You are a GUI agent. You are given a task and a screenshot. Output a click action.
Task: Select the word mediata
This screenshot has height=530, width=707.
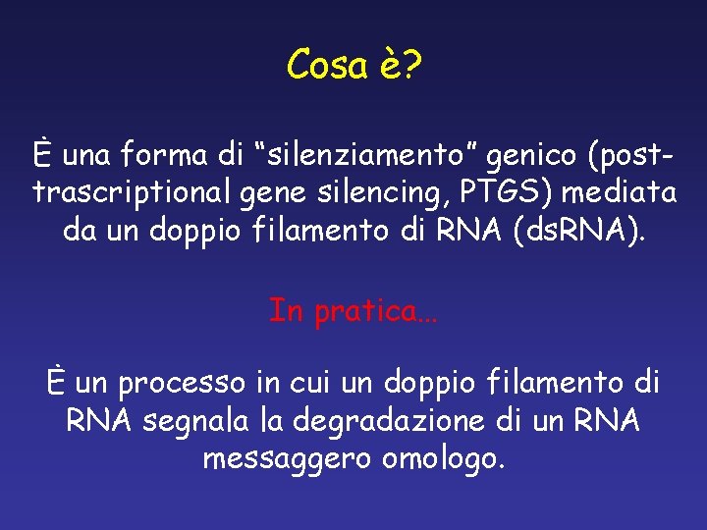coord(628,193)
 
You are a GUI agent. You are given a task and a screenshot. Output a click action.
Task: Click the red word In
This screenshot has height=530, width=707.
coord(286,311)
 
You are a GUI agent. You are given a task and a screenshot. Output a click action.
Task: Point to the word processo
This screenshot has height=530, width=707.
coord(192,382)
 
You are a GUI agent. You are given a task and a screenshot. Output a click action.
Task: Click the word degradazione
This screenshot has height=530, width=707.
coord(375,421)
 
